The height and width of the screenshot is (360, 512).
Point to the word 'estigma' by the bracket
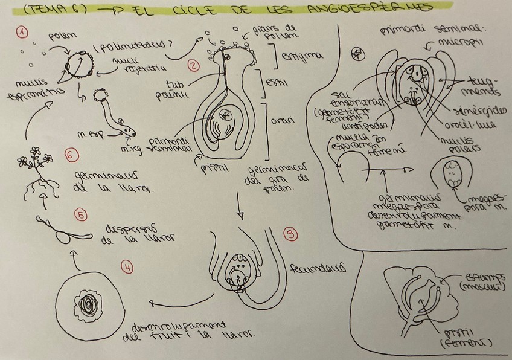[x=307, y=56]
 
